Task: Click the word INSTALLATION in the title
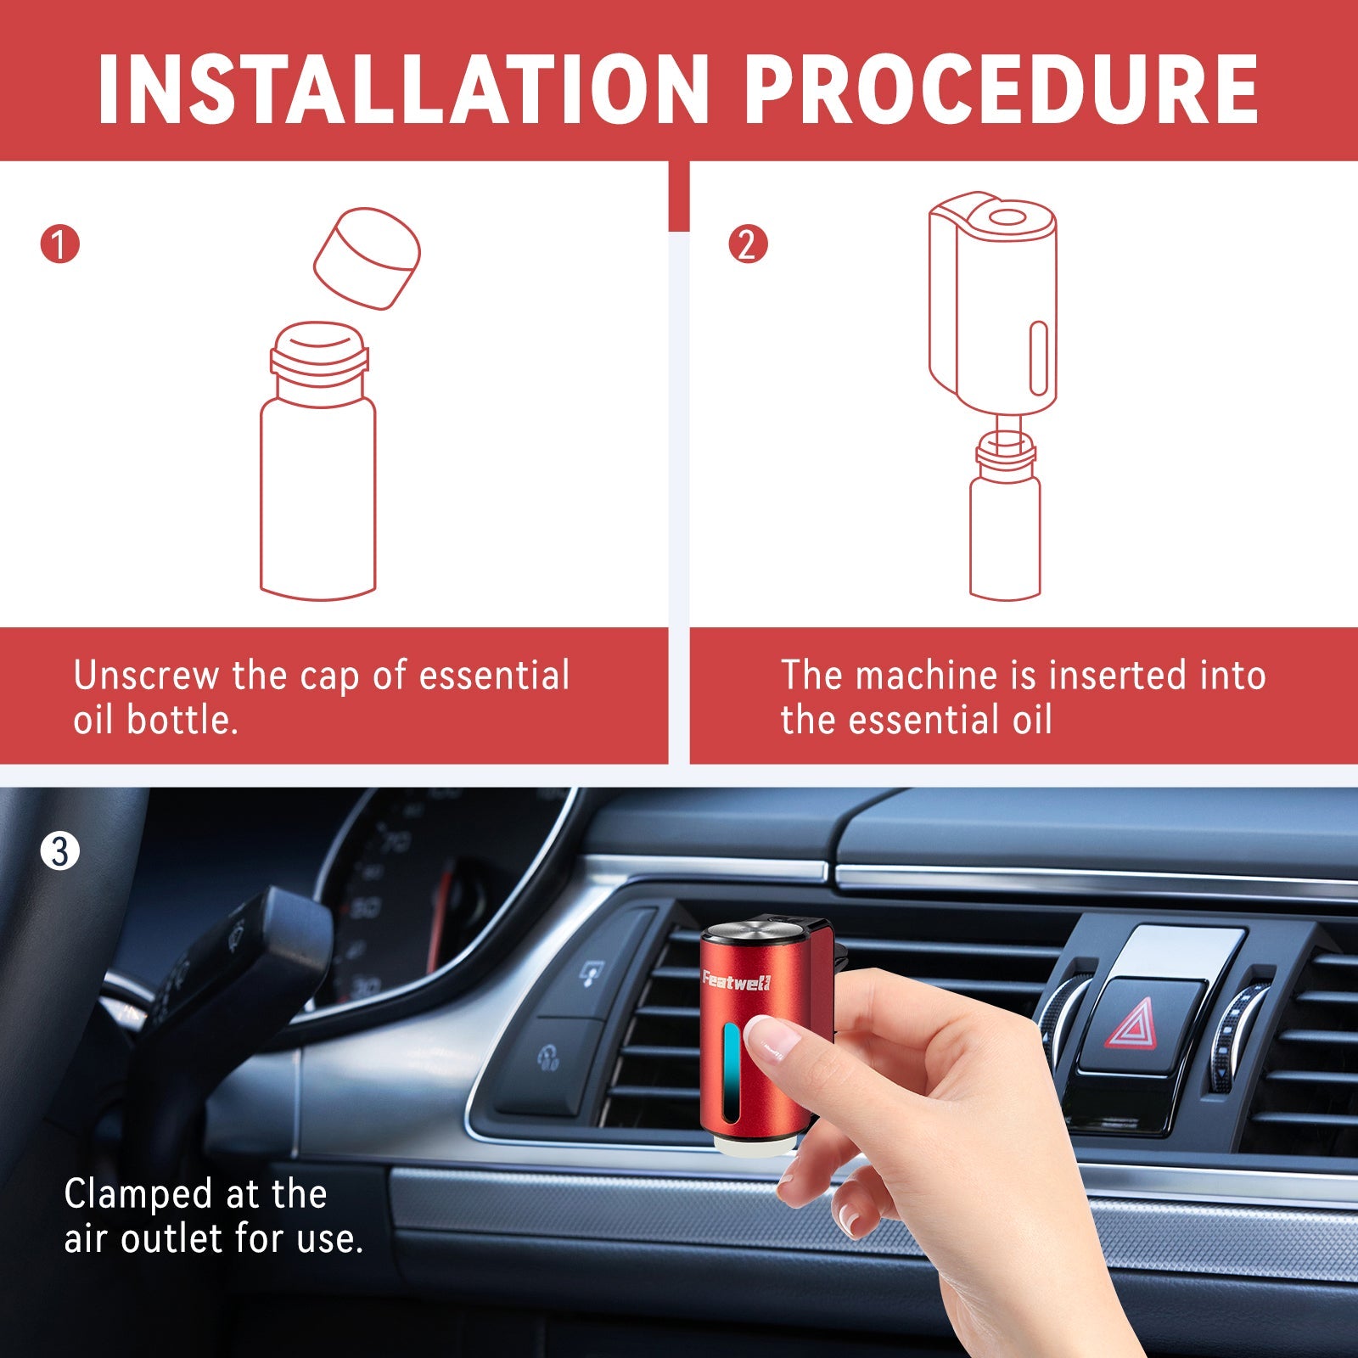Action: coord(403,89)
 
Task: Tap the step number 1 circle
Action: coord(59,244)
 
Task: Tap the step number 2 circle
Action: coord(748,244)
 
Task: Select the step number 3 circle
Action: coord(59,851)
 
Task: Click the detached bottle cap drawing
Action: coord(367,258)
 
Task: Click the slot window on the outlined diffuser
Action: coord(1038,358)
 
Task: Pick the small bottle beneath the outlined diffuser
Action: coord(1006,514)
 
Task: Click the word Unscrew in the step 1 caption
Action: coord(147,676)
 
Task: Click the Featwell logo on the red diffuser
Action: coord(736,981)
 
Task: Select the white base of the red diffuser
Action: coord(754,1146)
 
